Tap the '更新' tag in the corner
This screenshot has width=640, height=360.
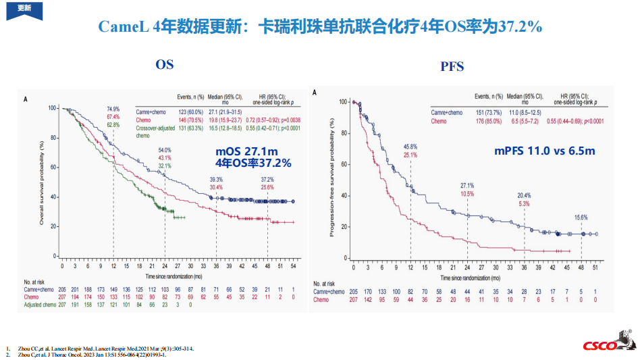coord(24,8)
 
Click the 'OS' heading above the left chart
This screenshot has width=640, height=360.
coord(164,65)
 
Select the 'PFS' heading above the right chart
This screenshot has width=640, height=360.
coord(452,66)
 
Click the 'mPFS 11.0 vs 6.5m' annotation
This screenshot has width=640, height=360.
coord(544,151)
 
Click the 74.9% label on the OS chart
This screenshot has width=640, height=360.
coord(113,109)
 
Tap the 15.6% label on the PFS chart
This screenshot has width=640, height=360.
coord(581,217)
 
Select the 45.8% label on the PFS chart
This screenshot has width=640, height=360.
coord(410,147)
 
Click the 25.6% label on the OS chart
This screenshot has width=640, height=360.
coord(267,187)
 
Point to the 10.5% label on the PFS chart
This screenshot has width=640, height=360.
coord(467,194)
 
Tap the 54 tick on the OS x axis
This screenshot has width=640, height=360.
coord(294,266)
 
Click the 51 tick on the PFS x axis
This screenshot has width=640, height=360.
coord(595,268)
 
